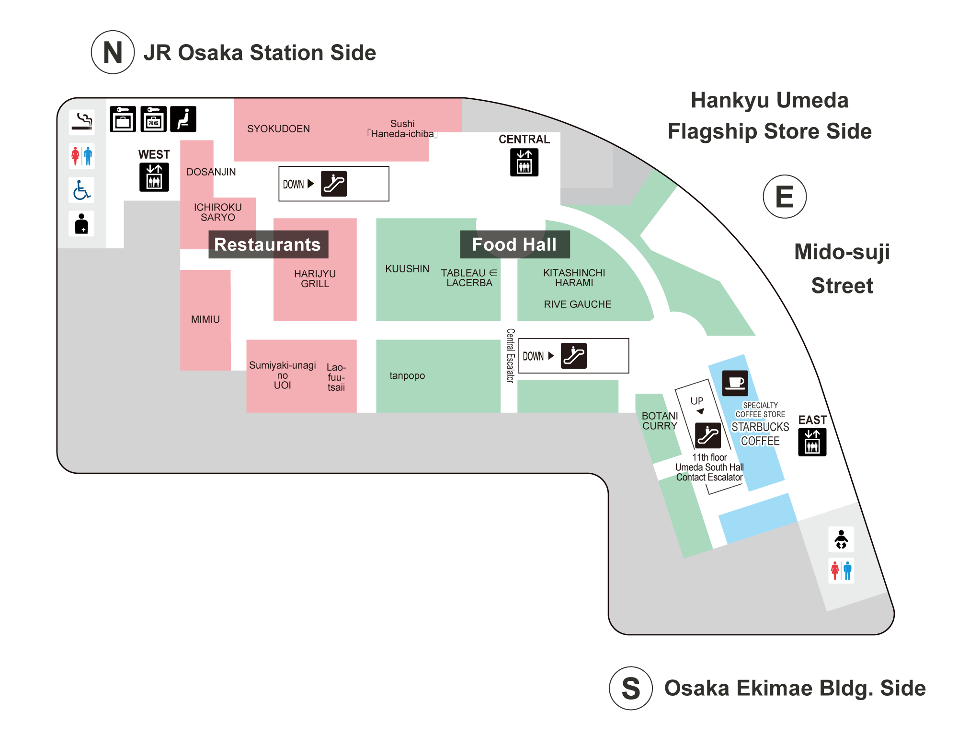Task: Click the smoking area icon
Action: pos(81,122)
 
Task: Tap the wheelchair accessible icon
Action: pos(81,190)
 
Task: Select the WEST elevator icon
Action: pos(154,177)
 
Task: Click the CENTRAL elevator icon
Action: pos(524,162)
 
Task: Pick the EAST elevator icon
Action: pos(812,442)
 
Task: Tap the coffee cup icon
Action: pos(735,383)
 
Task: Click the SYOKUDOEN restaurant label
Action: pos(278,129)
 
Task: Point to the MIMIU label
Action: pos(205,319)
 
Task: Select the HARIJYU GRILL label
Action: pos(315,279)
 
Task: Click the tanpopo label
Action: pos(407,375)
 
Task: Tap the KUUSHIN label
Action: pos(407,269)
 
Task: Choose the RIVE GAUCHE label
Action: pos(577,304)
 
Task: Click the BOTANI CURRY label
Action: pos(660,421)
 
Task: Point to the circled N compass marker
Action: pos(113,52)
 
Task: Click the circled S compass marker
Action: pos(630,688)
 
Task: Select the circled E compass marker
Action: pos(784,197)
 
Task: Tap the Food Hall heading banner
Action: pos(514,245)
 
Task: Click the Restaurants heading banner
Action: pos(268,245)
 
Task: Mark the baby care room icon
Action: pos(841,539)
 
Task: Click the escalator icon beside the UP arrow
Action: pos(707,435)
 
